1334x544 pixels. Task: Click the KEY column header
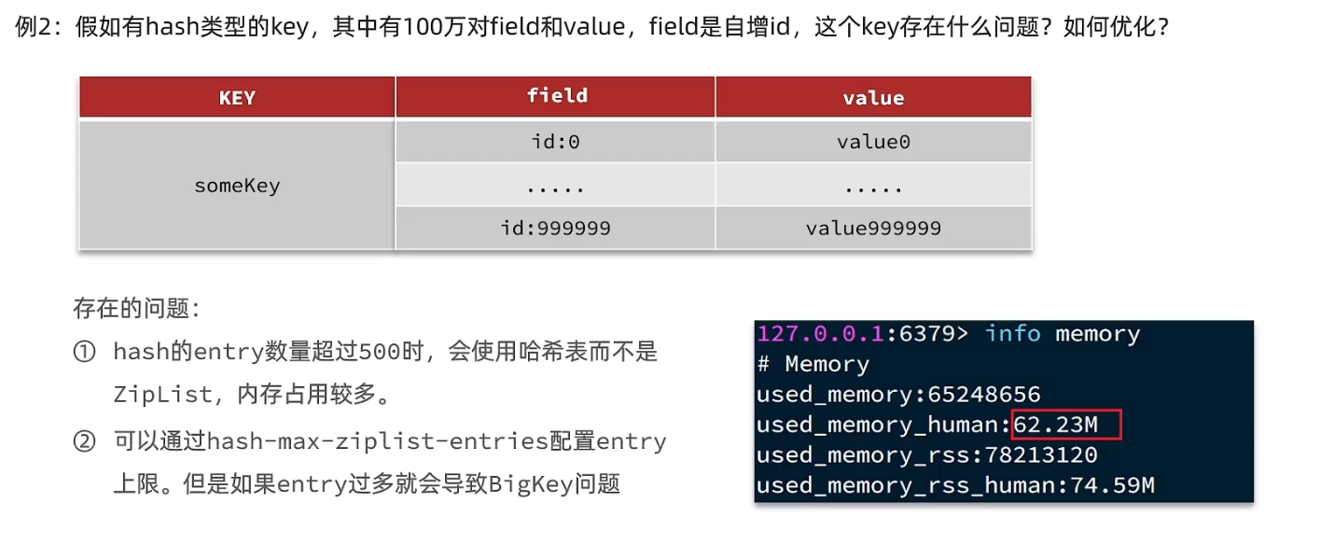237,98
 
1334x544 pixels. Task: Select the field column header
557,96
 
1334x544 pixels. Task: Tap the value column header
873,98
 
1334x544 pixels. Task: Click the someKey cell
237,186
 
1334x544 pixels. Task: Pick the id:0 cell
555,143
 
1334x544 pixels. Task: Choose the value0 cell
873,143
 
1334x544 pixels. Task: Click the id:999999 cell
555,228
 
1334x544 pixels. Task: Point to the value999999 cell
873,228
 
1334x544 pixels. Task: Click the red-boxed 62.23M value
1056,425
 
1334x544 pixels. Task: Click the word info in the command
1013,334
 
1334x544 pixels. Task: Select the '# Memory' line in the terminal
813,364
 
